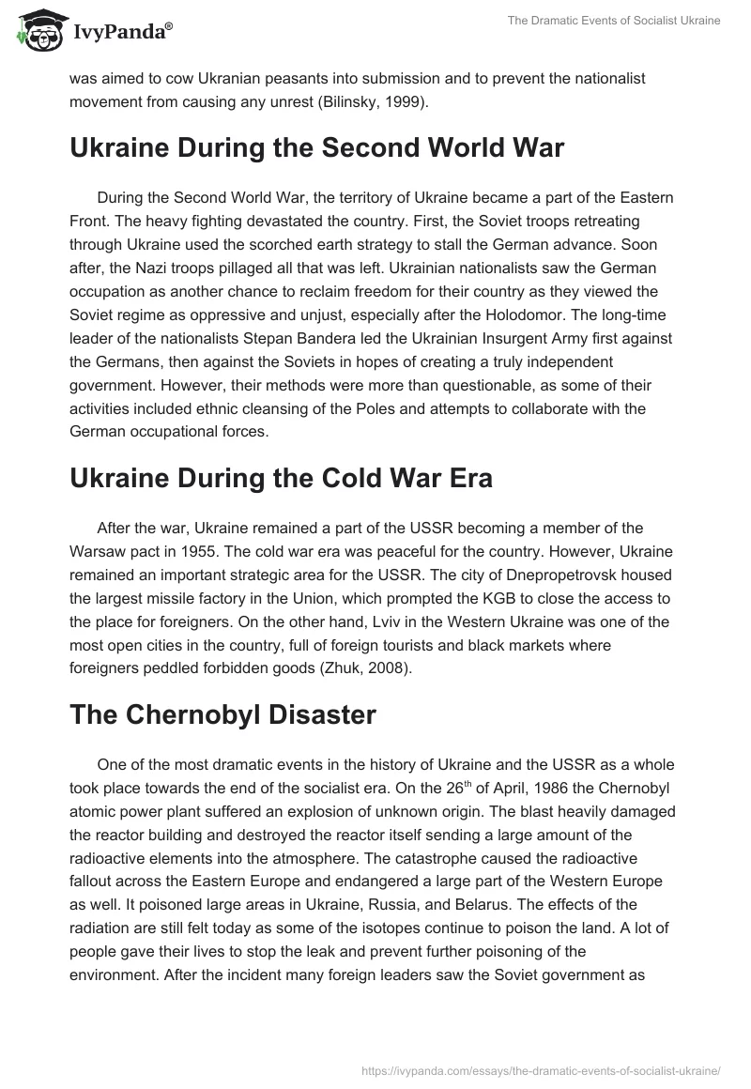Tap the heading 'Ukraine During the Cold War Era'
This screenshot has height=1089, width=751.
tap(281, 477)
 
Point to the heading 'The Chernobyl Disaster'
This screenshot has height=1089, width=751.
tap(222, 713)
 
